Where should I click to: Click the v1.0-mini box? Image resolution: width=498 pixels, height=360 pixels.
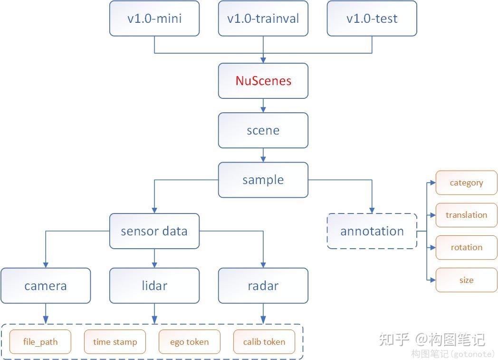click(154, 19)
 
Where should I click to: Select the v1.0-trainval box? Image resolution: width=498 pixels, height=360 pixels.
click(263, 19)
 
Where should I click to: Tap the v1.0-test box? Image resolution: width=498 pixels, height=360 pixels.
click(372, 19)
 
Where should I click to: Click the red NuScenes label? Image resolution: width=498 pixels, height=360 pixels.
click(263, 81)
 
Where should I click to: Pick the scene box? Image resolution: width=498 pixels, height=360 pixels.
click(263, 130)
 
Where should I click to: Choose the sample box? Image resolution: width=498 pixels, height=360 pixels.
click(263, 180)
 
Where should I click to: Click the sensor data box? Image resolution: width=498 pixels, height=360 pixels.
click(154, 231)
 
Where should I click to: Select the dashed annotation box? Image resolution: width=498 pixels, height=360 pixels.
click(372, 231)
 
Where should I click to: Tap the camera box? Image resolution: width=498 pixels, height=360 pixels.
click(46, 286)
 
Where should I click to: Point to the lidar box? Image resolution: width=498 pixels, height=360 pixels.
click(154, 286)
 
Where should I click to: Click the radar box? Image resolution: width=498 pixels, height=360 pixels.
click(263, 286)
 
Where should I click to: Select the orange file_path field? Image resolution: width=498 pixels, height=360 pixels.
click(40, 341)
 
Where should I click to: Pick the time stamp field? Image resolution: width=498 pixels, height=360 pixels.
click(115, 341)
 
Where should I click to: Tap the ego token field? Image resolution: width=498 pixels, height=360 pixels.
click(189, 341)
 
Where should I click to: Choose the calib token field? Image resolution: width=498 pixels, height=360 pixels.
click(264, 341)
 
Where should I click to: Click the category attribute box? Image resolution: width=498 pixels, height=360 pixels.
click(466, 183)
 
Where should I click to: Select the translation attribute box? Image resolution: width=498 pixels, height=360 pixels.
click(466, 215)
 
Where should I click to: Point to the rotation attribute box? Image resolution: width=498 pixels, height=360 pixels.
click(466, 247)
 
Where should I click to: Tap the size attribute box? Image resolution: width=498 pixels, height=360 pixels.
click(466, 280)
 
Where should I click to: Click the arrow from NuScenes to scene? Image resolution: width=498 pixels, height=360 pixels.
click(263, 106)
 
